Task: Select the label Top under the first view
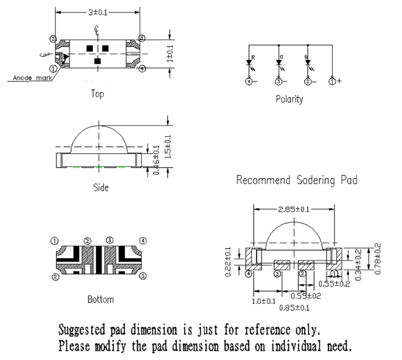pyautogui.click(x=97, y=94)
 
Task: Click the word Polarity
pyautogui.click(x=289, y=99)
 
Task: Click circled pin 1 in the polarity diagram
pyautogui.click(x=332, y=81)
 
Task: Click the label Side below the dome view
pyautogui.click(x=100, y=187)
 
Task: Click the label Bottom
pyautogui.click(x=101, y=299)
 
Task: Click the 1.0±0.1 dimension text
pyautogui.click(x=264, y=301)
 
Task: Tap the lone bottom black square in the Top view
pyautogui.click(x=97, y=60)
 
